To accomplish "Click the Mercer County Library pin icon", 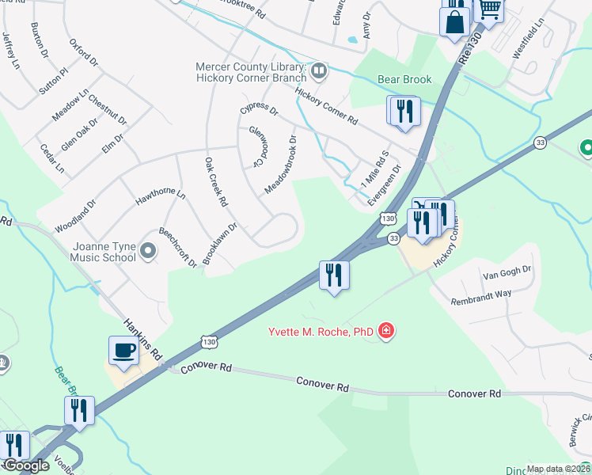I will click(319, 71).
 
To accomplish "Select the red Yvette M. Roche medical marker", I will click(386, 330).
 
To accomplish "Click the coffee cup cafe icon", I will click(123, 351).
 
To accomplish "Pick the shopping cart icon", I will click(489, 9).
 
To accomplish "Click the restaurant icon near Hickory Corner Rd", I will click(404, 111).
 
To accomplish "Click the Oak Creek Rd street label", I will click(216, 181).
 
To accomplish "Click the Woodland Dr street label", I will click(74, 215).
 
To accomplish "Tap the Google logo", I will click(25, 465).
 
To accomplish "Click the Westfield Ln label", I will click(528, 40).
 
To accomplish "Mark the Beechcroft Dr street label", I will click(177, 247).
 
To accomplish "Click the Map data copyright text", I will click(559, 469).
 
